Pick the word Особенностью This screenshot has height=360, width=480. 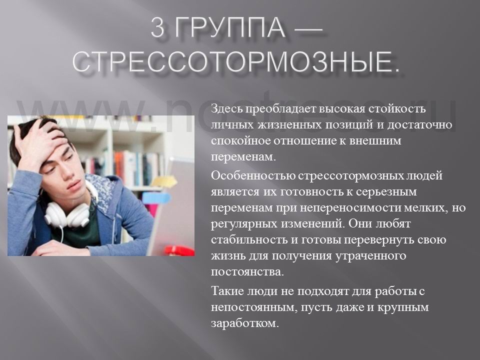[x=253, y=176]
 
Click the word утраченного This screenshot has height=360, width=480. [x=370, y=256]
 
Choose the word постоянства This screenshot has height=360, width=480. [x=246, y=272]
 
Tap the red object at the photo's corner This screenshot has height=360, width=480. [x=179, y=250]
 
